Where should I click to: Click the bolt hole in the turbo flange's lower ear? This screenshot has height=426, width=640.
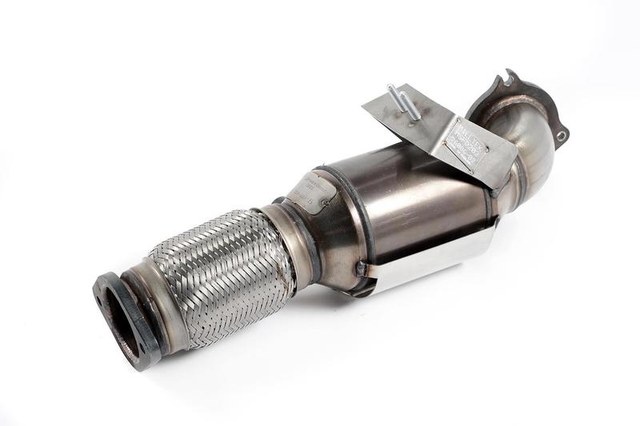pos(562,136)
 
